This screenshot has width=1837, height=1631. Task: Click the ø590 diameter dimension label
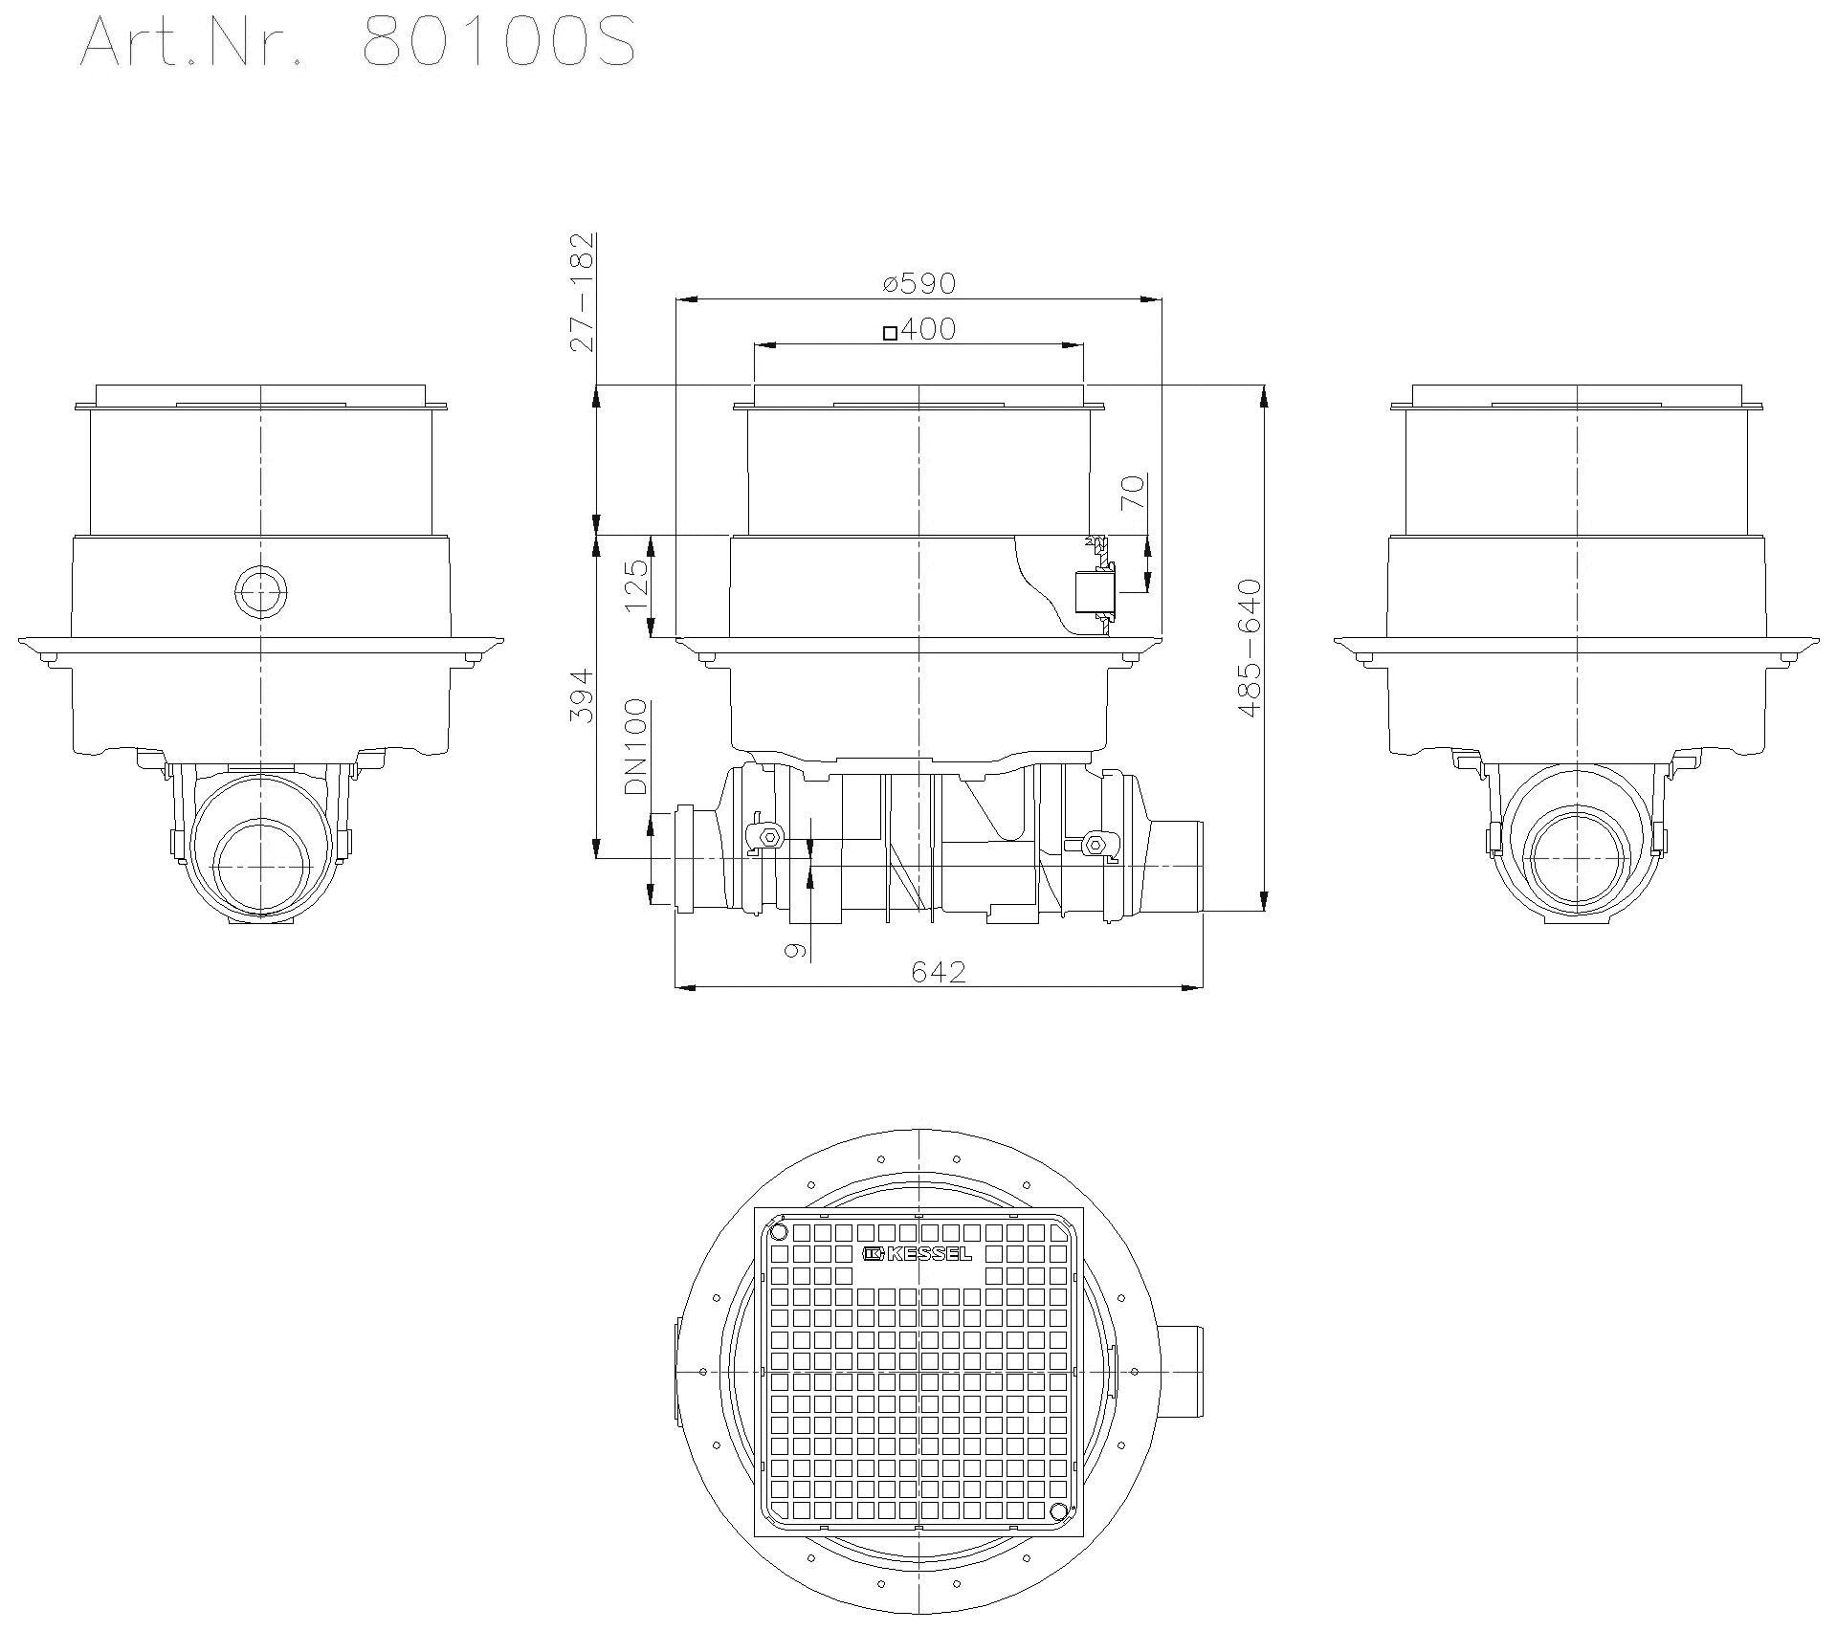tap(918, 284)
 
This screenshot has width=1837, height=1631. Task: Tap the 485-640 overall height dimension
tap(1250, 649)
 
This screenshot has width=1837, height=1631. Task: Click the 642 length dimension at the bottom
tap(938, 972)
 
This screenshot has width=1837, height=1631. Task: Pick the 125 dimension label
tap(636, 586)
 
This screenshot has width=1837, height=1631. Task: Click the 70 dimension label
tap(1133, 495)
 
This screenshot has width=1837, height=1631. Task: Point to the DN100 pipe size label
tap(636, 748)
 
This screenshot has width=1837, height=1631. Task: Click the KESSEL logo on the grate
tap(918, 1254)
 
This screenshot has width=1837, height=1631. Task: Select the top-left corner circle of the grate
tap(778, 1231)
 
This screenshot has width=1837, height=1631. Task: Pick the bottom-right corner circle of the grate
tap(1057, 1510)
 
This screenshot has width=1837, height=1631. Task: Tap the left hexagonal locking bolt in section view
tap(768, 838)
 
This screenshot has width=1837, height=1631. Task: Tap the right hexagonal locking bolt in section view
tap(1096, 845)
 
